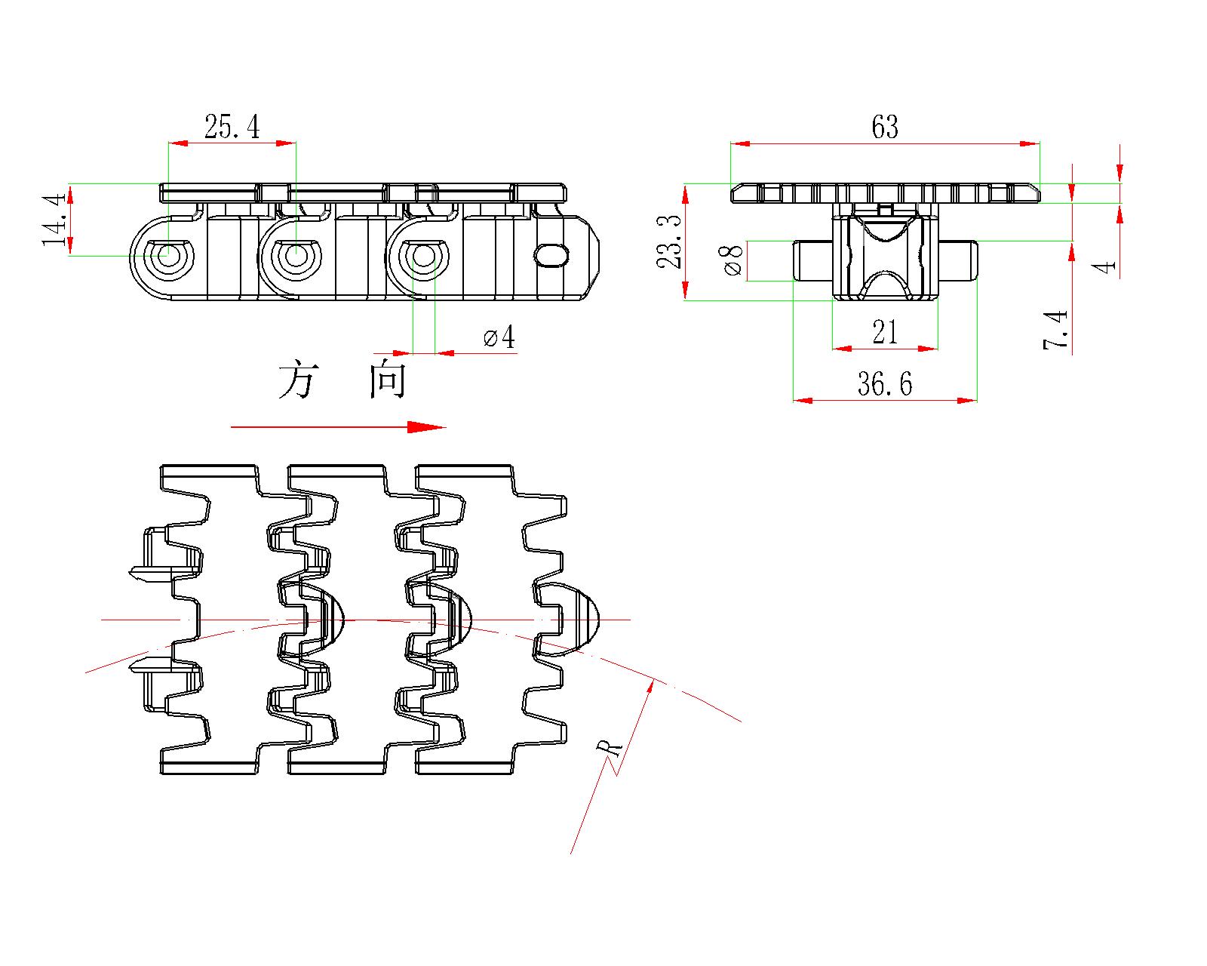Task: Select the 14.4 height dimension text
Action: click(54, 220)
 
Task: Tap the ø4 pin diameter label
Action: click(499, 337)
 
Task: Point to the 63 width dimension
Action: click(884, 127)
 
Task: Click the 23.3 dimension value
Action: click(669, 242)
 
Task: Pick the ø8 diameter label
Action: click(733, 259)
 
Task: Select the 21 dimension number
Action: click(885, 332)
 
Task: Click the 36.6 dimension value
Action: click(885, 384)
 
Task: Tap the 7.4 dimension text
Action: click(1055, 330)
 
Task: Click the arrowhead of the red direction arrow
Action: click(427, 427)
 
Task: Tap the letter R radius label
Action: click(609, 748)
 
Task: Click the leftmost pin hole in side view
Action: click(165, 257)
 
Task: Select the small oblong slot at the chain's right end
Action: click(551, 255)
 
